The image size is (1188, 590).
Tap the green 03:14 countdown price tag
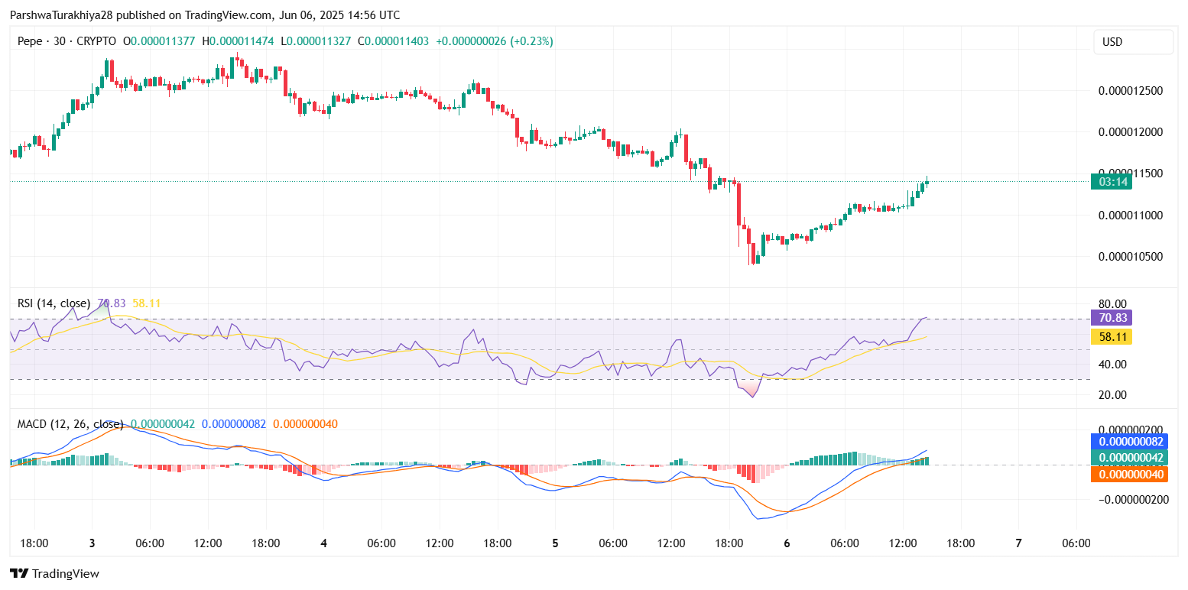(1111, 182)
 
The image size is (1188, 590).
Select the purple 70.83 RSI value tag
(1111, 318)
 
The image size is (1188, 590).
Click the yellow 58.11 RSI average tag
(1111, 336)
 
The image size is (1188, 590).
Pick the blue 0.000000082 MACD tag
(1131, 442)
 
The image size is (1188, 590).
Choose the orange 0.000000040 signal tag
(1131, 475)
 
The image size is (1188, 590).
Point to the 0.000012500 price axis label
(1130, 91)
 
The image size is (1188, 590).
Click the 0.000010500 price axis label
(1130, 257)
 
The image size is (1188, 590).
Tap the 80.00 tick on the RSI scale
(1112, 303)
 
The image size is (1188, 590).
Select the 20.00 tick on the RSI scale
(1112, 395)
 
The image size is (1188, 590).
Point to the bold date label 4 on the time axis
(323, 543)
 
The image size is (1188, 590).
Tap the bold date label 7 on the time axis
(1018, 543)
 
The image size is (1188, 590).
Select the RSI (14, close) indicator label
(54, 303)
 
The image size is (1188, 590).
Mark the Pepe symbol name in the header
(30, 41)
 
